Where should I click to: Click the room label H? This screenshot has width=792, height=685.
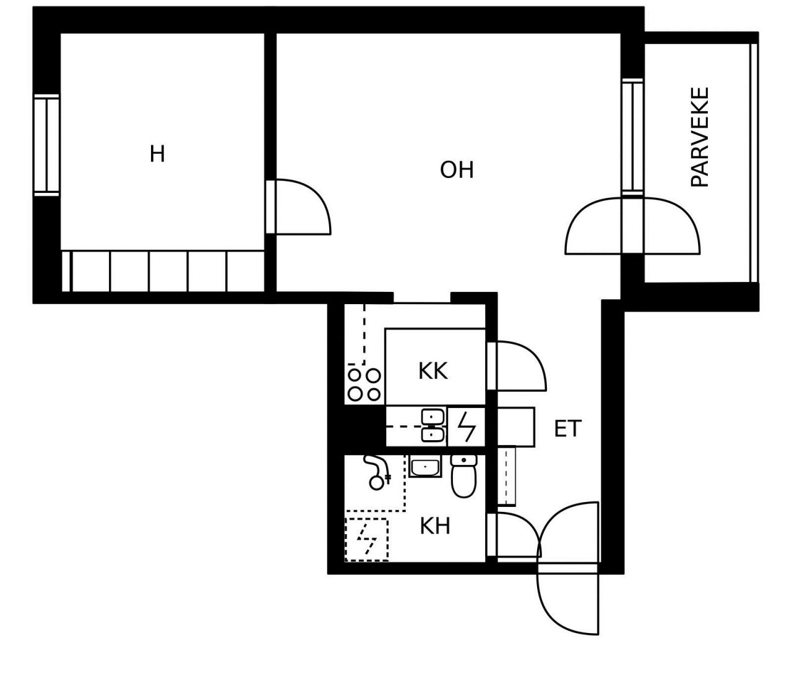point(157,154)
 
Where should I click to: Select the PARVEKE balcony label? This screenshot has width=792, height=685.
point(699,137)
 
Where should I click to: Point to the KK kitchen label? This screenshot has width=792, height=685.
point(433,371)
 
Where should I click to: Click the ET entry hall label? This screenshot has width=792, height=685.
point(567,428)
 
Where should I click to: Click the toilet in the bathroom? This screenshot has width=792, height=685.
point(464,476)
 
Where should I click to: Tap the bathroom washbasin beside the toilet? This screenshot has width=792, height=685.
point(425,466)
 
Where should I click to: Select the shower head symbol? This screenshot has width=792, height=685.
point(377,472)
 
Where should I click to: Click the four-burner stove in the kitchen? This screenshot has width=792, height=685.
point(364,385)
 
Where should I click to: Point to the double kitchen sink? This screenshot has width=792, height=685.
point(433,426)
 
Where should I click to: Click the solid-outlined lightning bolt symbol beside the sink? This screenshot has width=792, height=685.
point(467,426)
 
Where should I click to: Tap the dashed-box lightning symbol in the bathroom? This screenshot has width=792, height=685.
point(367,540)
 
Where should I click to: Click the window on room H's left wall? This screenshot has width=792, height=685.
point(47,145)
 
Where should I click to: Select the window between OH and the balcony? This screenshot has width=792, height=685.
point(632,137)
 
